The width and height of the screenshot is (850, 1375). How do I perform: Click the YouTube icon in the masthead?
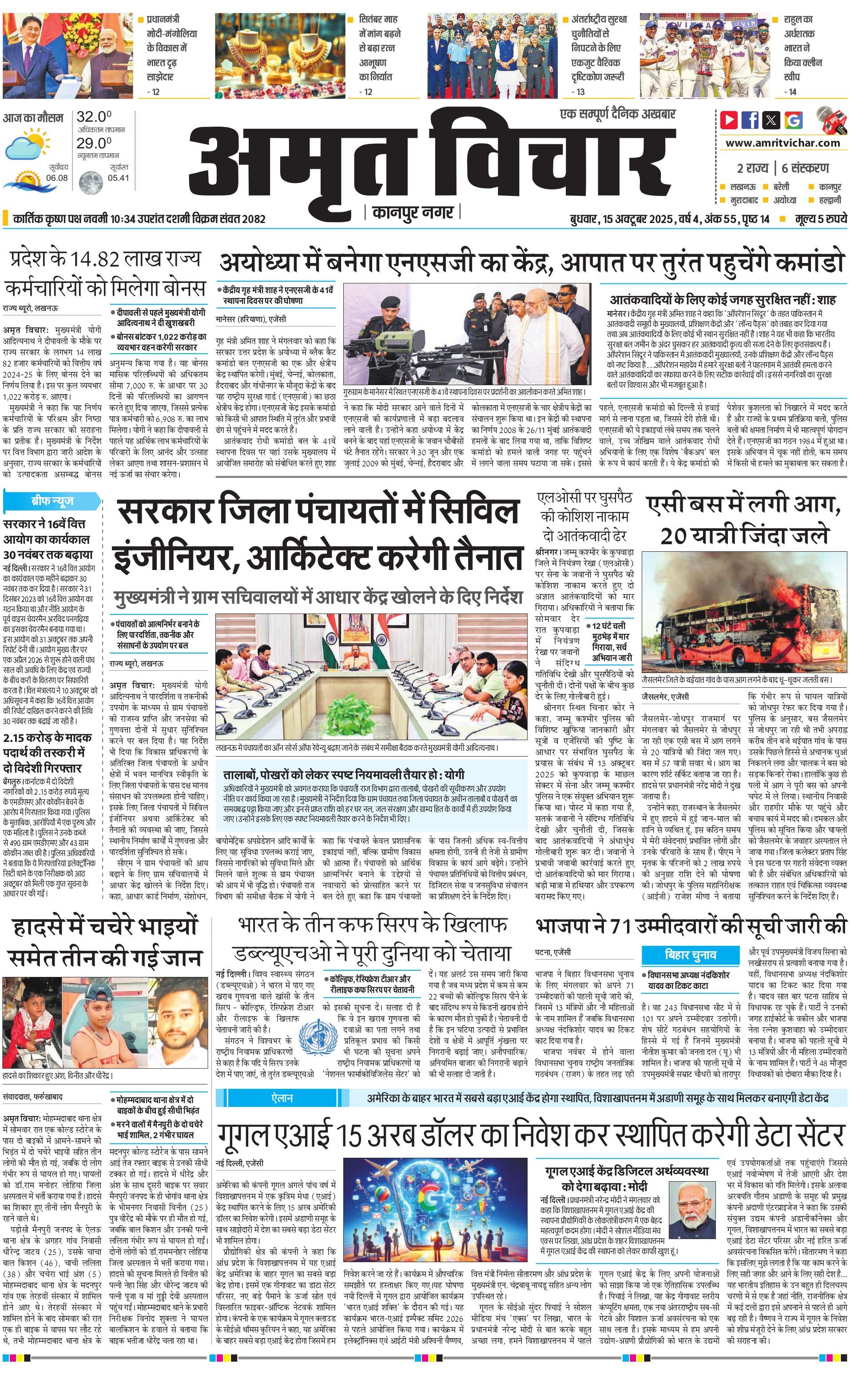tap(729, 120)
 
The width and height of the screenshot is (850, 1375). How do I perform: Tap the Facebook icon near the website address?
tap(750, 120)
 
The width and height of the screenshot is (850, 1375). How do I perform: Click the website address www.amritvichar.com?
tap(782, 143)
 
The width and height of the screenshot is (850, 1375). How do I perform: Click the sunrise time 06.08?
tap(57, 178)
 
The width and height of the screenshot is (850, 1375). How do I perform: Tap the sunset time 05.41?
tap(118, 178)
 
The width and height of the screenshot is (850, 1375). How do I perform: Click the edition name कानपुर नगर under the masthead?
tap(413, 212)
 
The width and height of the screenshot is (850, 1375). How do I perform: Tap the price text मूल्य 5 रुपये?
tap(820, 219)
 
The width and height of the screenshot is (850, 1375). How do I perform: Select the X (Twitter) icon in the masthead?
tap(772, 120)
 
